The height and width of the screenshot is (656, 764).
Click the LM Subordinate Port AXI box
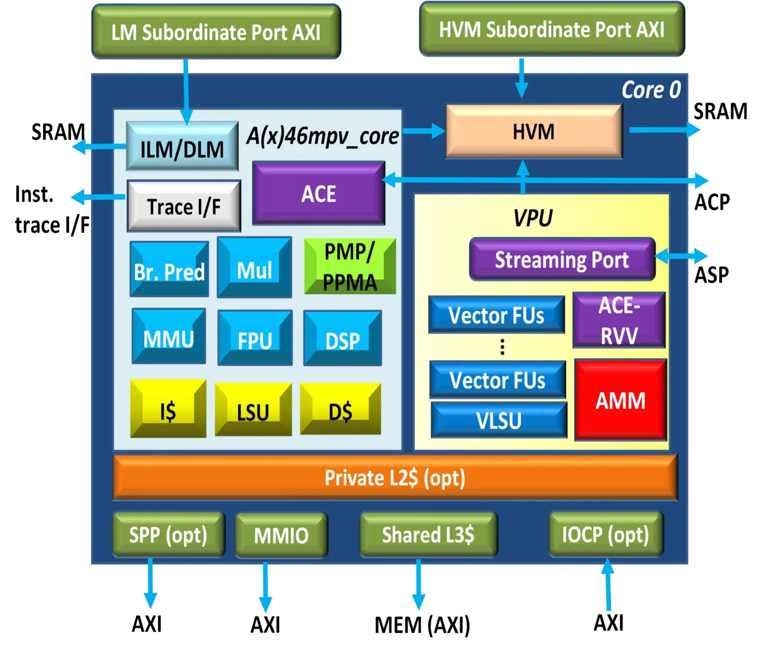tap(216, 32)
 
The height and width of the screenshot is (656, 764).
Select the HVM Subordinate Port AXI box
tap(552, 29)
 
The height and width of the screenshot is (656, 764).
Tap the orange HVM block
tap(534, 132)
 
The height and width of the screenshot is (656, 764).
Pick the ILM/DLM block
tap(182, 149)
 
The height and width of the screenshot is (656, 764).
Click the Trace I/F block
tap(184, 206)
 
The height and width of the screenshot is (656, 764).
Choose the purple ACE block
tap(318, 193)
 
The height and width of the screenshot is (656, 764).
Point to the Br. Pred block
tap(169, 270)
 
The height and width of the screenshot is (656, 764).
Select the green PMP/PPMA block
tap(350, 267)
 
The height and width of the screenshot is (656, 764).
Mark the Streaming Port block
tap(562, 259)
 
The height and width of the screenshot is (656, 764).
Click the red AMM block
tap(620, 400)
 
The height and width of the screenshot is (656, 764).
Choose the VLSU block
tap(499, 421)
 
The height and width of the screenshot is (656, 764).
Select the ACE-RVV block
tap(619, 320)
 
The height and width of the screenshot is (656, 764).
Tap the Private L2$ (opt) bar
tap(395, 477)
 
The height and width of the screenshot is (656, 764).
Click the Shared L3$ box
tap(428, 535)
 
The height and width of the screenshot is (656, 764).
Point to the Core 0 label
tap(651, 90)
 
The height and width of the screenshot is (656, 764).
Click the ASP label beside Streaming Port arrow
tap(712, 274)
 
